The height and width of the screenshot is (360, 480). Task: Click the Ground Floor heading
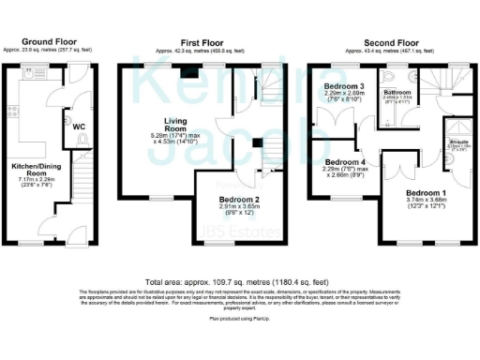(x=50, y=41)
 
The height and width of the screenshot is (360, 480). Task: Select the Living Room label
(x=174, y=125)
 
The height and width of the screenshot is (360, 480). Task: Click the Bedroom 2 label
(x=239, y=200)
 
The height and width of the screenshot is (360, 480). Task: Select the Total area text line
(x=238, y=281)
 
